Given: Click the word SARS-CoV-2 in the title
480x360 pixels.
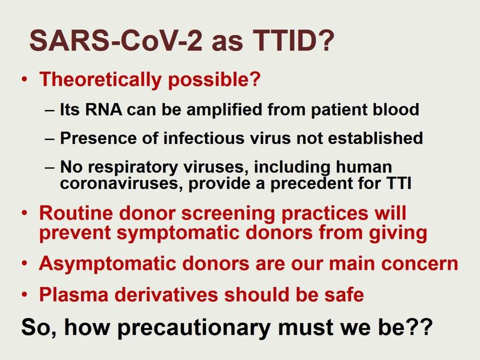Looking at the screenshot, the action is click(x=116, y=40).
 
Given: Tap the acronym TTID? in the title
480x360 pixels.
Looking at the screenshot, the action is click(x=294, y=40).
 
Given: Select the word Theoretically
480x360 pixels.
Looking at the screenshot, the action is click(x=101, y=80).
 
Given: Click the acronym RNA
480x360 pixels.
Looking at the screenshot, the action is click(x=103, y=109).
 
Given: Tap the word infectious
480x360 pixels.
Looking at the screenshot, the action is click(x=204, y=138).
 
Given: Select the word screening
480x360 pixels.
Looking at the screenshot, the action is click(x=228, y=214).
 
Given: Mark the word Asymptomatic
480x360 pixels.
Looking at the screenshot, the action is click(x=107, y=264).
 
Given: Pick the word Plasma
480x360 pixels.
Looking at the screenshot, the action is click(x=74, y=294).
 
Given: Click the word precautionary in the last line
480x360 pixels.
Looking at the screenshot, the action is click(x=194, y=328).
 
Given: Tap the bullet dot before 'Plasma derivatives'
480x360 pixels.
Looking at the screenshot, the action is click(x=25, y=295).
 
